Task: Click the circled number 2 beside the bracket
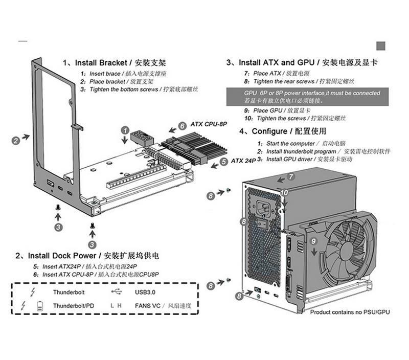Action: click(16, 139)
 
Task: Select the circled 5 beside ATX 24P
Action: click(223, 162)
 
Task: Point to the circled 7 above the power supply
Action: click(290, 177)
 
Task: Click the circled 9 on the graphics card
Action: click(313, 240)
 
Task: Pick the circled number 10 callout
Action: click(284, 193)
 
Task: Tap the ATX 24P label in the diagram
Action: click(243, 161)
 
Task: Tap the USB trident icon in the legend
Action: click(117, 292)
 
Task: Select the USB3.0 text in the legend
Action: click(145, 292)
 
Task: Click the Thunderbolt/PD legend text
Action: click(73, 306)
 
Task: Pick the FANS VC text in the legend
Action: click(148, 306)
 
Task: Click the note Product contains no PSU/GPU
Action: click(350, 311)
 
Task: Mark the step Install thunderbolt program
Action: click(301, 151)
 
